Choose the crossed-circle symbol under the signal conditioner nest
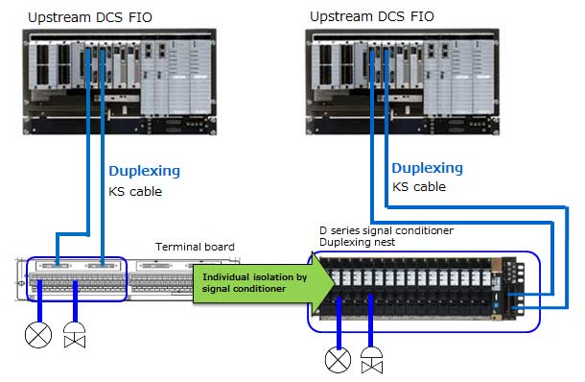point(338,361)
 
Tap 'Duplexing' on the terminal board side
point(143,171)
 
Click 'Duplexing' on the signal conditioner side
point(427,167)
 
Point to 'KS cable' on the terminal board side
point(134,191)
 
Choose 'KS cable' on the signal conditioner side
point(419,186)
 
